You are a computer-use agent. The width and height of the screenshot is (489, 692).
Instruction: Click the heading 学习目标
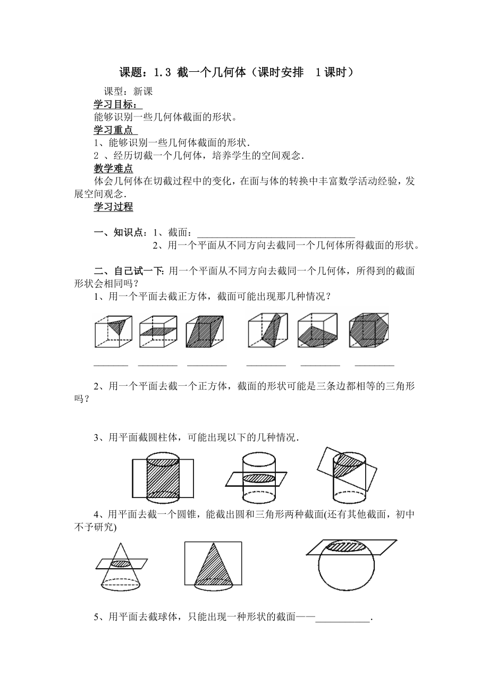pos(117,104)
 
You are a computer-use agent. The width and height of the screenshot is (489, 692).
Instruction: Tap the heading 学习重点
pos(115,130)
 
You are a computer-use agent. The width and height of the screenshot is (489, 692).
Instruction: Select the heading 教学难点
pos(113,169)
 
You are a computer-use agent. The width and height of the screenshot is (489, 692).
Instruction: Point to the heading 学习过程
pos(113,207)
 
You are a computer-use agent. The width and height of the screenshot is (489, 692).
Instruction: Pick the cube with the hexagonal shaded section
pos(370,332)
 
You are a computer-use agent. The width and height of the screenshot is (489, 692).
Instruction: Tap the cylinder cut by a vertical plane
pos(163,471)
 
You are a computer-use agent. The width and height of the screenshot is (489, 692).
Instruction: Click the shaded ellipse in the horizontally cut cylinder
pos(259,478)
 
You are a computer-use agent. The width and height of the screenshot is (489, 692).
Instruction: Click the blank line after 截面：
pos(276,233)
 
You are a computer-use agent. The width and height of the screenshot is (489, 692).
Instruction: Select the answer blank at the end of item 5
pos(343,618)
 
